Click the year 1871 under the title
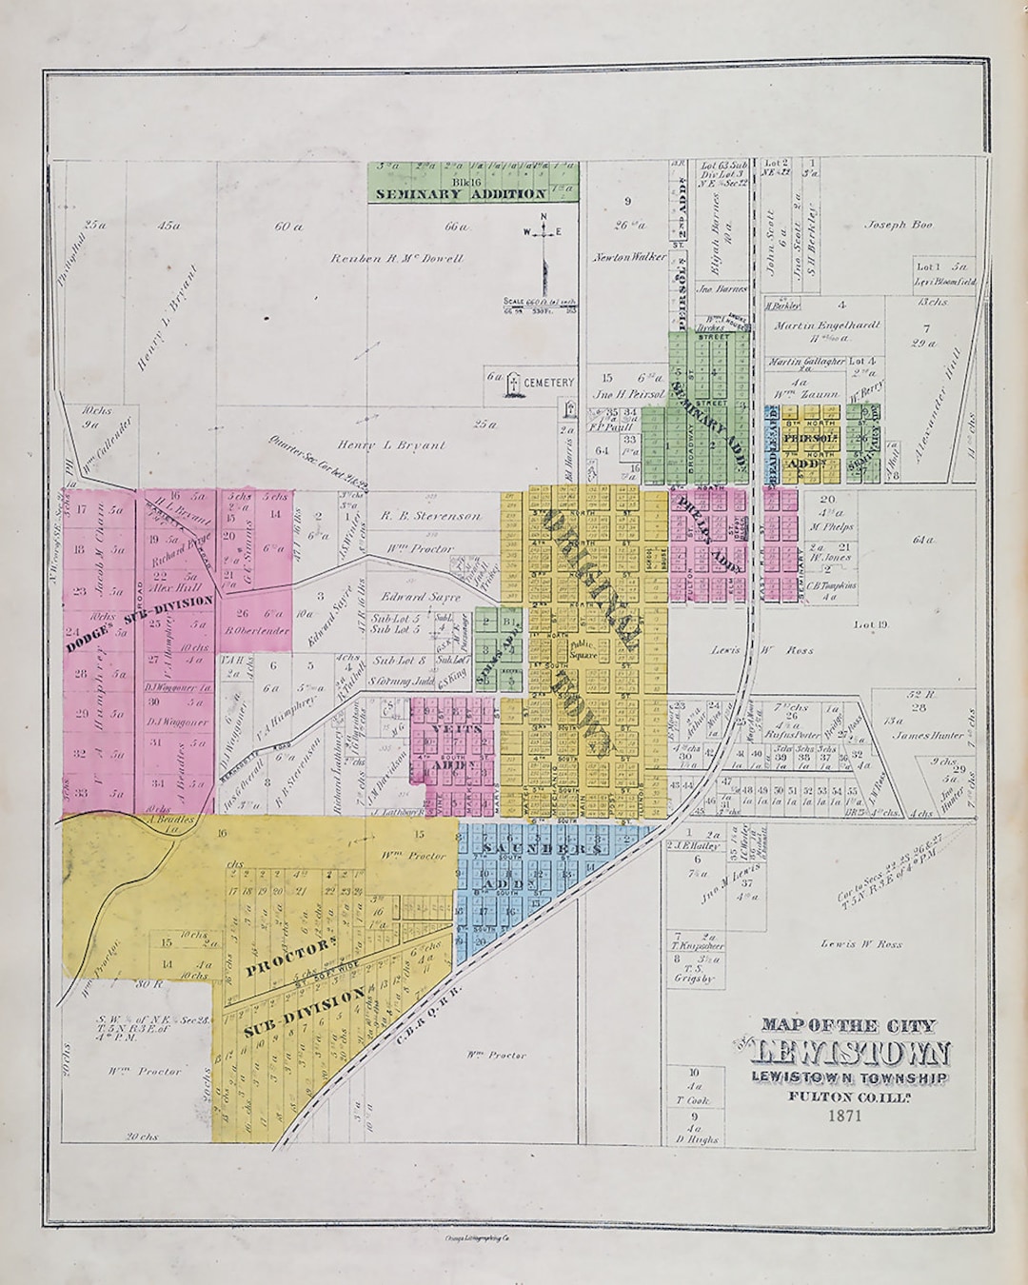click(x=845, y=1115)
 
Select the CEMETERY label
click(x=548, y=383)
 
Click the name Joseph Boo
click(x=899, y=226)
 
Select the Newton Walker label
click(x=629, y=257)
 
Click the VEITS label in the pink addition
click(x=449, y=729)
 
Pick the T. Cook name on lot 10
click(x=693, y=1100)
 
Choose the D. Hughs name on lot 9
click(x=697, y=1139)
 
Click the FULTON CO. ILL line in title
click(x=845, y=1096)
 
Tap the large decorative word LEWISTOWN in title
click(x=850, y=1053)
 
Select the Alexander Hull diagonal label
click(x=938, y=405)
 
